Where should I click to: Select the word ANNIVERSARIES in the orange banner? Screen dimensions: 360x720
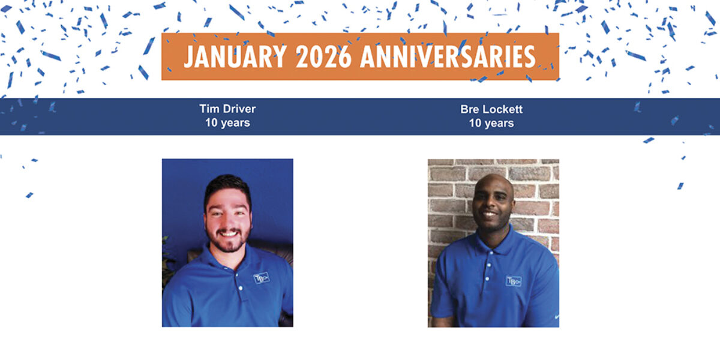tap(448, 56)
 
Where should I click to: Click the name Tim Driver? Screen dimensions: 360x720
tap(227, 109)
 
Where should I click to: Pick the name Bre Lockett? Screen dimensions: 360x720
tap(491, 109)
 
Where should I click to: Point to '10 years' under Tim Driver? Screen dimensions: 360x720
tap(227, 123)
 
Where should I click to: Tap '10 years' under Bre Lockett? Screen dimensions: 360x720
tap(491, 123)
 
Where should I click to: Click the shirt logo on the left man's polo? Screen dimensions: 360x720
tap(261, 278)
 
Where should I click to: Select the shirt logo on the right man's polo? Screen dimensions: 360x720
tap(513, 280)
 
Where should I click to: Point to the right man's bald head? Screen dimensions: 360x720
tap(493, 183)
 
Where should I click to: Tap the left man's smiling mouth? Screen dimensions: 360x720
tap(227, 233)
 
